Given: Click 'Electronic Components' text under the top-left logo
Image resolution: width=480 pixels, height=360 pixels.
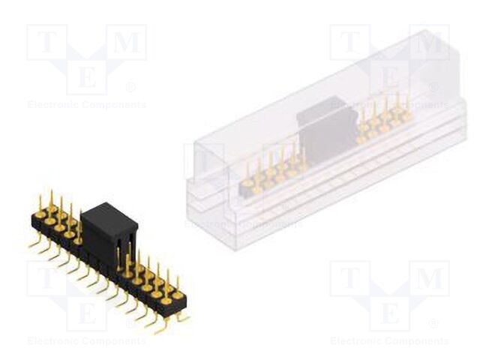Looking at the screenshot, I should (86, 105).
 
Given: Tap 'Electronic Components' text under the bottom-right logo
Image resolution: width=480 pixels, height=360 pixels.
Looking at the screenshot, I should (389, 341).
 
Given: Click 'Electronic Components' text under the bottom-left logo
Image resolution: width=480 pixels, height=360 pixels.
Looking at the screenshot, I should (86, 341).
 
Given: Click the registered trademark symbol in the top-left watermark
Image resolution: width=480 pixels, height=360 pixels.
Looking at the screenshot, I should (130, 87).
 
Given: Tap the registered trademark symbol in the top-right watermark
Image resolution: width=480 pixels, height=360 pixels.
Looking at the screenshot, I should (433, 87).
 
